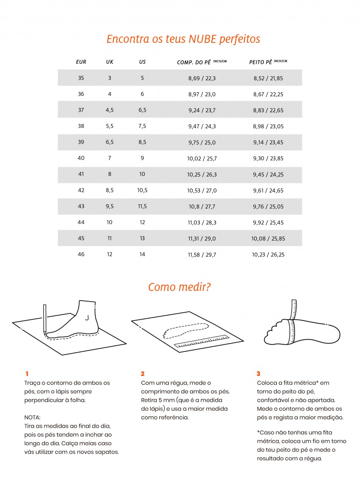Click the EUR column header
81,62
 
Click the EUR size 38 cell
81,126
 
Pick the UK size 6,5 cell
110,142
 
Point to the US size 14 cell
142,255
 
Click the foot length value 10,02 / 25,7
202,158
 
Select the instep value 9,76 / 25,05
268,206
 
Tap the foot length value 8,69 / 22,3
202,78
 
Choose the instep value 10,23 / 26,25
268,255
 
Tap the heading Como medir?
180,287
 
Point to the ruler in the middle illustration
201,341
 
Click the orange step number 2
143,374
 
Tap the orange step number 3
258,374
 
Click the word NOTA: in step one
33,417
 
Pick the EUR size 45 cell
81,238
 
